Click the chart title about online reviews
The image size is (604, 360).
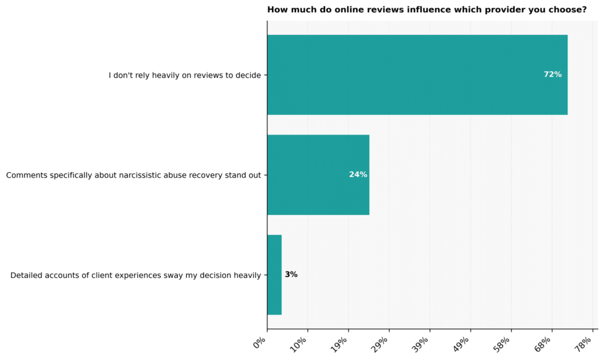click(427, 9)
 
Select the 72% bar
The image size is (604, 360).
click(417, 75)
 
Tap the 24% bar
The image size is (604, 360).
click(318, 175)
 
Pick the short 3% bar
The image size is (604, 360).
click(274, 275)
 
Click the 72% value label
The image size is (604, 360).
click(552, 74)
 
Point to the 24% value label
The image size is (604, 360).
click(358, 175)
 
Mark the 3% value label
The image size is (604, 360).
click(291, 274)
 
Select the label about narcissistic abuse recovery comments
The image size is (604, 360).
click(134, 175)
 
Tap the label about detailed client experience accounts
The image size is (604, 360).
click(136, 275)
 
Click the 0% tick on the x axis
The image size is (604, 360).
click(260, 342)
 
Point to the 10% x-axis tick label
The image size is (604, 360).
click(298, 344)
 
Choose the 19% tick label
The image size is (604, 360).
click(339, 344)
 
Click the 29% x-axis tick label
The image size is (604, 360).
click(380, 344)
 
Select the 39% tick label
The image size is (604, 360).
click(421, 344)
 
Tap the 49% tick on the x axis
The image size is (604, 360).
click(461, 344)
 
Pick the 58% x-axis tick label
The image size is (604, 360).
click(503, 344)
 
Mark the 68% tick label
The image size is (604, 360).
click(543, 344)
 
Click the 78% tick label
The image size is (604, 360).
click(583, 344)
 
